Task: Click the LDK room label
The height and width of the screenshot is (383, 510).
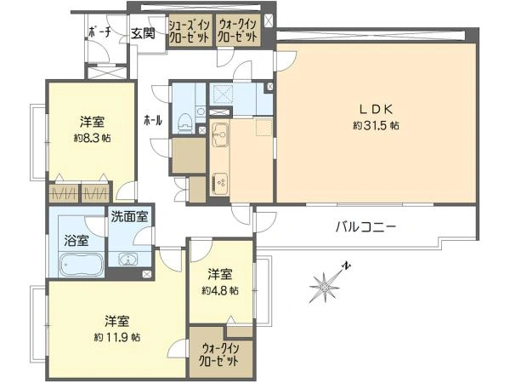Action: (x=376, y=109)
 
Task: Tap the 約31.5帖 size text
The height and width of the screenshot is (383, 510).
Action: (x=376, y=125)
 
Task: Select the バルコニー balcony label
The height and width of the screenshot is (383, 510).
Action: (x=365, y=226)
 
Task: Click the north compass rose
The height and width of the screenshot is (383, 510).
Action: (x=327, y=284)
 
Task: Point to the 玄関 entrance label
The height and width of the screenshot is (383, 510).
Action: (x=143, y=33)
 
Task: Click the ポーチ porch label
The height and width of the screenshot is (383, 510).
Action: (x=100, y=32)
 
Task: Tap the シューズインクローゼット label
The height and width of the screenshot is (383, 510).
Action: (x=190, y=31)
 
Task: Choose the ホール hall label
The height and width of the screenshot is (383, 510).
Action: (x=153, y=121)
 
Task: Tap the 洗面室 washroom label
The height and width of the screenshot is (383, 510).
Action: (x=129, y=216)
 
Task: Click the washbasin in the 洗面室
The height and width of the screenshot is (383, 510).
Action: (x=128, y=260)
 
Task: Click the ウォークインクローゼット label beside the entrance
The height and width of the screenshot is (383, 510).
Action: (x=237, y=31)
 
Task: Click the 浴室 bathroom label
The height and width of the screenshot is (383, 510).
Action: (x=76, y=241)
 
